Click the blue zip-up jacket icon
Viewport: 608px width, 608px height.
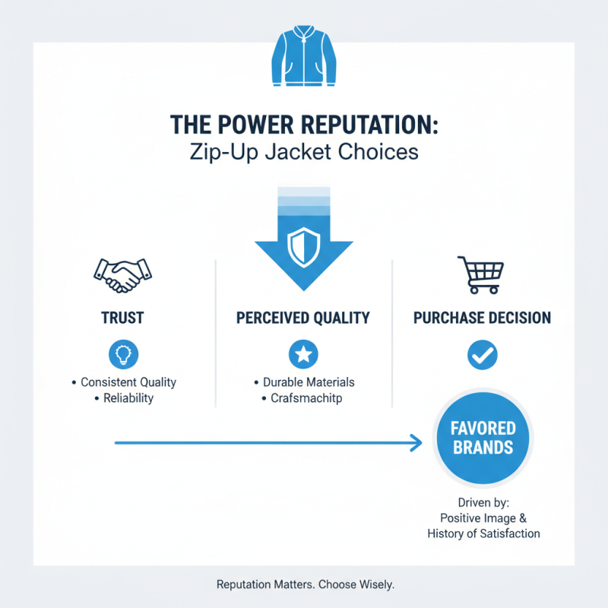point(303,58)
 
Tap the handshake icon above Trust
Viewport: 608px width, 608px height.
point(122,274)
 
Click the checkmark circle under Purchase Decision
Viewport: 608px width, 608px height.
point(482,353)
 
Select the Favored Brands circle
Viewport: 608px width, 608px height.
point(484,438)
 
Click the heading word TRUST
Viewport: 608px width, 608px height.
point(122,318)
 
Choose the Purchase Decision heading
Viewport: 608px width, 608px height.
point(482,318)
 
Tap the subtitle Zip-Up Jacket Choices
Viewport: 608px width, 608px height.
point(303,151)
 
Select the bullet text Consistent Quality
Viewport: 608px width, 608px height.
point(128,382)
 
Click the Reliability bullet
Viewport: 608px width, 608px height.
point(128,398)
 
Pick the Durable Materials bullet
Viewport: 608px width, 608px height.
point(308,382)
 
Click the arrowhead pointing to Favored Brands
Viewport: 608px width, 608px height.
point(416,442)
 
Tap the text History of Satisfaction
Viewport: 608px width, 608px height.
point(483,534)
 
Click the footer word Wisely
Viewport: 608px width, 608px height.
point(376,585)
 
